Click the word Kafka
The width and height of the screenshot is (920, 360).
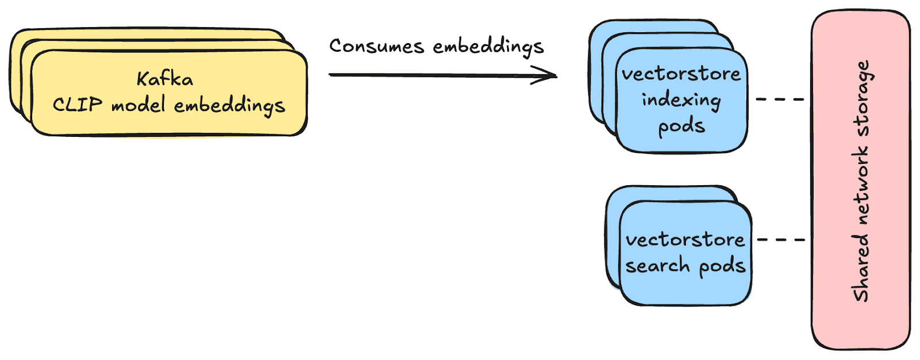tap(165, 79)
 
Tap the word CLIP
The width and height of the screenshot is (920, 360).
tap(78, 105)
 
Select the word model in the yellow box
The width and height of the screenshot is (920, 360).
tap(139, 105)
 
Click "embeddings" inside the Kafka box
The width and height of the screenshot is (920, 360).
tap(229, 106)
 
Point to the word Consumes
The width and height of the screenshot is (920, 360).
tap(377, 46)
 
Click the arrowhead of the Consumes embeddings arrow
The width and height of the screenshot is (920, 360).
tap(546, 75)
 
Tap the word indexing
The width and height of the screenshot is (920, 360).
tap(681, 100)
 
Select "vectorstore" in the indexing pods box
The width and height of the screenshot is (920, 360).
tap(681, 74)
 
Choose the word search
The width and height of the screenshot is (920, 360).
tap(650, 266)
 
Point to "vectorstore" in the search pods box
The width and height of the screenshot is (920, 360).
tap(685, 239)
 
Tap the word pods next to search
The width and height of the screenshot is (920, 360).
tap(722, 266)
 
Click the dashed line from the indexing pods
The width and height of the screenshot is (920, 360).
tap(780, 99)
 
